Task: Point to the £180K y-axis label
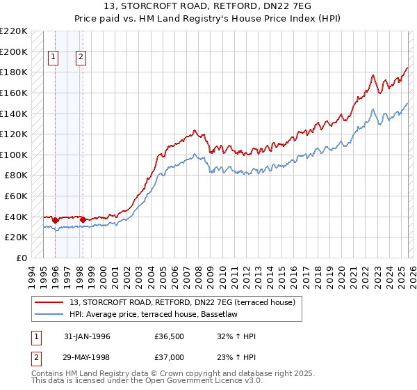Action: point(14,72)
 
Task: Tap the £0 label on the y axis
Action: point(21,258)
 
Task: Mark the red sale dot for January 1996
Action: point(56,220)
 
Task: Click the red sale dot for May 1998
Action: point(83,219)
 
